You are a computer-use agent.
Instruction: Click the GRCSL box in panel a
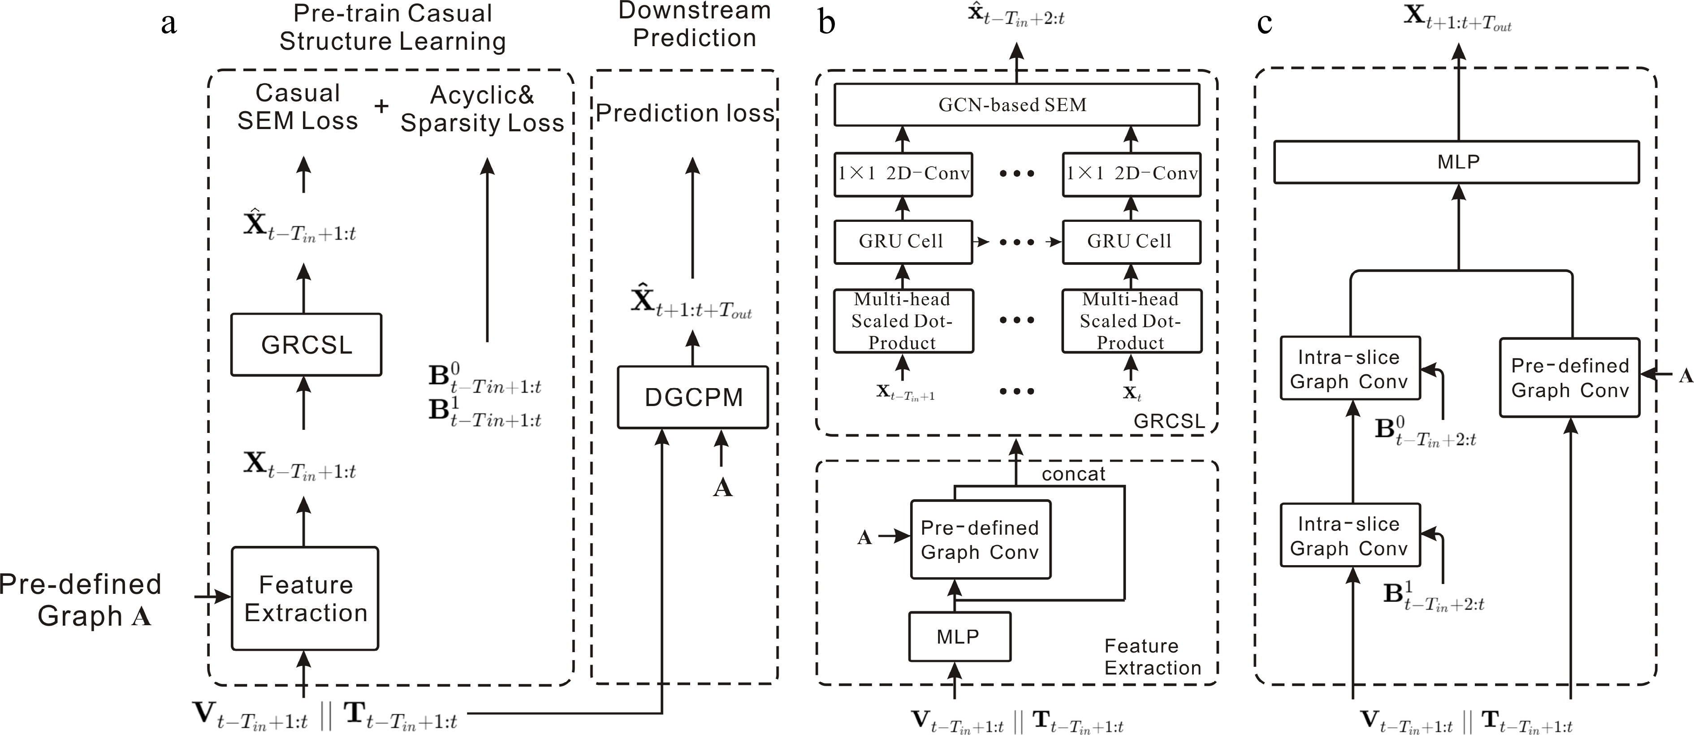coord(306,345)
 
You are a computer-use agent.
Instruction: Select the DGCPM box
coord(692,397)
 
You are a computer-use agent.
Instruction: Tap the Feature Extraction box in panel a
coord(305,598)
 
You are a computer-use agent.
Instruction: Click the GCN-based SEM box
coord(1016,104)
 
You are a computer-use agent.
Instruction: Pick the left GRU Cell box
coord(902,242)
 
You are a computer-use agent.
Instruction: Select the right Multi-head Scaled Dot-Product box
coord(1131,321)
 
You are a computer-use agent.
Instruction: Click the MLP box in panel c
coord(1456,162)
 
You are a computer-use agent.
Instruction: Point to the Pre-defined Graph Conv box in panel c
coord(1569,377)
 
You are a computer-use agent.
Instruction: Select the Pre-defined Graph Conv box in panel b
coord(980,540)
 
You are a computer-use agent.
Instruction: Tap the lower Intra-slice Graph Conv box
coord(1349,535)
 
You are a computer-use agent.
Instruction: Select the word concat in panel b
coord(1073,474)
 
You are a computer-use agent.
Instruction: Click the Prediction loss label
coord(685,113)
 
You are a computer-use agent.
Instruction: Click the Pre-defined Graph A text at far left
coord(80,600)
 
